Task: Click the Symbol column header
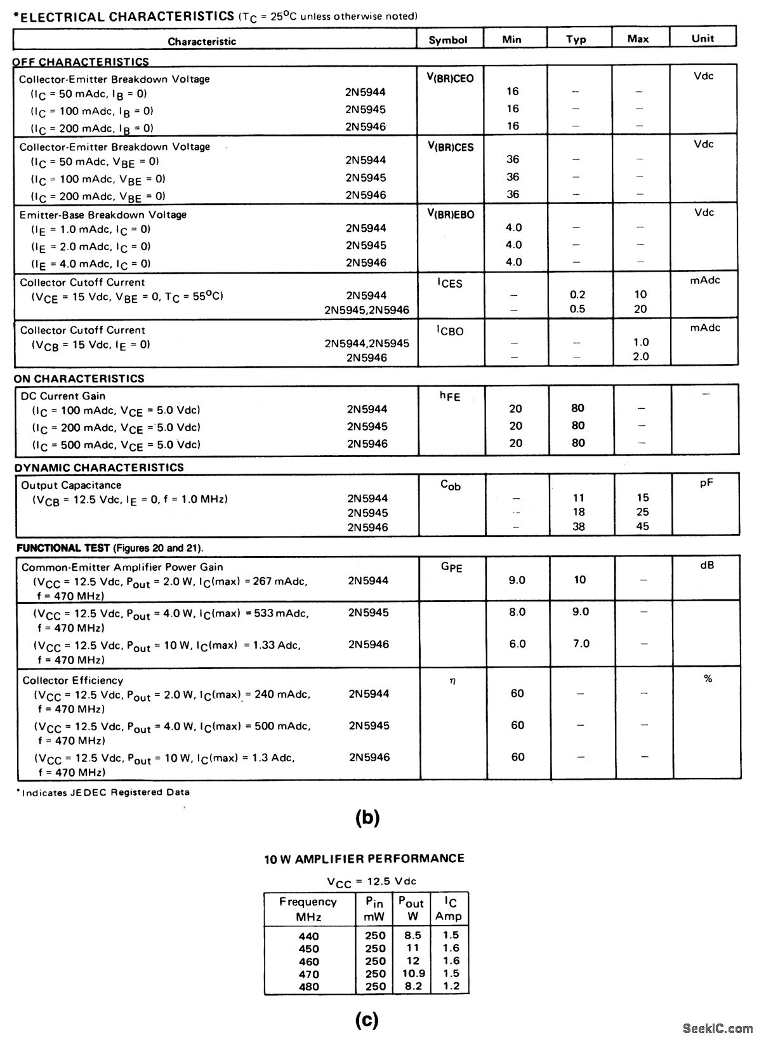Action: pyautogui.click(x=447, y=39)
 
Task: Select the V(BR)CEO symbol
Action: pyautogui.click(x=450, y=79)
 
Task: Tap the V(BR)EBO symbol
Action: pyautogui.click(x=451, y=215)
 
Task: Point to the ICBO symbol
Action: pyautogui.click(x=450, y=330)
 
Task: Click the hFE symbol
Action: pyautogui.click(x=450, y=396)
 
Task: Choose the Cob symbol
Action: pyautogui.click(x=451, y=486)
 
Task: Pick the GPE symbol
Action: pyautogui.click(x=451, y=566)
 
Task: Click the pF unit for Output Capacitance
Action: pyautogui.click(x=706, y=483)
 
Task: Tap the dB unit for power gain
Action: pyautogui.click(x=707, y=565)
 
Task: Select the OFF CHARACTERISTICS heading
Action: pyautogui.click(x=81, y=62)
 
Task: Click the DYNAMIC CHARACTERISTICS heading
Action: pyautogui.click(x=99, y=467)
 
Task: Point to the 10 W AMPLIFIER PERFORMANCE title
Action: pyautogui.click(x=364, y=858)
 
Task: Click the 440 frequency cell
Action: pyautogui.click(x=309, y=936)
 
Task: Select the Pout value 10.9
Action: pyautogui.click(x=413, y=973)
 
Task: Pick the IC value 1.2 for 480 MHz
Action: pyautogui.click(x=451, y=986)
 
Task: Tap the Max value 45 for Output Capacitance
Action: pyautogui.click(x=642, y=526)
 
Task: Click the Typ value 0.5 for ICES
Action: pyautogui.click(x=577, y=309)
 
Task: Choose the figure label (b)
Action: pyautogui.click(x=367, y=818)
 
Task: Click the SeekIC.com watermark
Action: pyautogui.click(x=717, y=1028)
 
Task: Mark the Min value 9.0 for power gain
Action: pyautogui.click(x=517, y=580)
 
